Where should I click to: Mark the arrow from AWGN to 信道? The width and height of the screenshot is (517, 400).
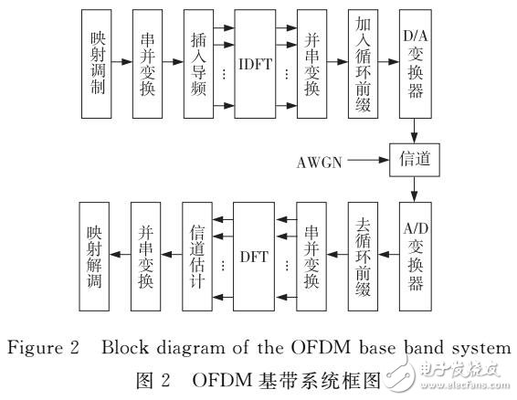tap(367, 161)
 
